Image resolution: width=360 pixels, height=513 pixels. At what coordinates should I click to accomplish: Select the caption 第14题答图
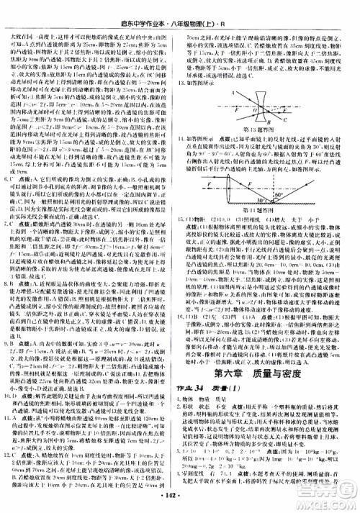[x=268, y=206]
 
